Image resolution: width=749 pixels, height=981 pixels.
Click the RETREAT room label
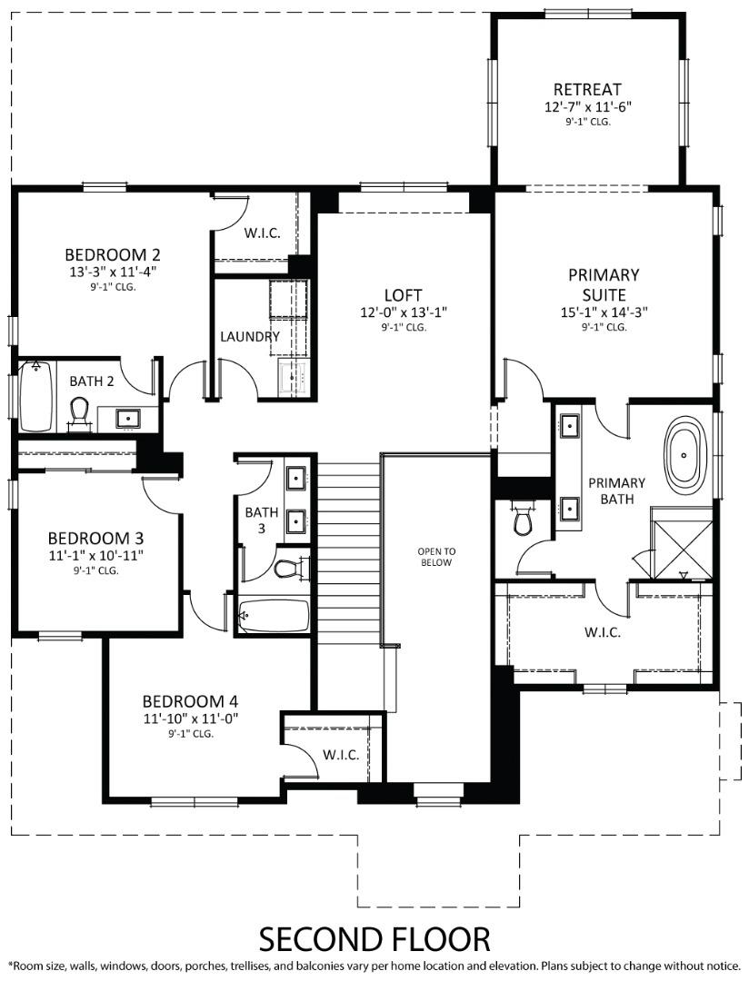coord(587,90)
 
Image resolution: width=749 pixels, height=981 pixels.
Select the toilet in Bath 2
coord(79,413)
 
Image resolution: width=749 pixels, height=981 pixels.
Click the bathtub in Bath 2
coord(36,398)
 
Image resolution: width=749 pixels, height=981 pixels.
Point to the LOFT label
coord(403,295)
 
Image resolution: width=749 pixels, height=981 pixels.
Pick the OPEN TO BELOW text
coord(435,556)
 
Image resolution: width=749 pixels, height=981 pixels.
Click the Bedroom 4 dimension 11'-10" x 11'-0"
coord(190,718)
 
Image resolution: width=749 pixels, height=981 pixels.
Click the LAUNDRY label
coord(250,336)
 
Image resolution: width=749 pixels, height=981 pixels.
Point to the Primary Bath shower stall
coord(682,543)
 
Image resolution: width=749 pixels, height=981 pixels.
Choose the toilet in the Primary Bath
coord(523,521)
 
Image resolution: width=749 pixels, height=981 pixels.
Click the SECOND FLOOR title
coord(374,937)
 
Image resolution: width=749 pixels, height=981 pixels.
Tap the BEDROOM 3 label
coord(96,537)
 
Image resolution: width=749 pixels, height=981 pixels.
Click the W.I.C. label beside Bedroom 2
coord(262,233)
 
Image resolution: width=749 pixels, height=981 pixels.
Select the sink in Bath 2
coord(127,419)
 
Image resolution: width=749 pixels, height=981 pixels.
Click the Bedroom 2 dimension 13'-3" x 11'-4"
coord(113,271)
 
